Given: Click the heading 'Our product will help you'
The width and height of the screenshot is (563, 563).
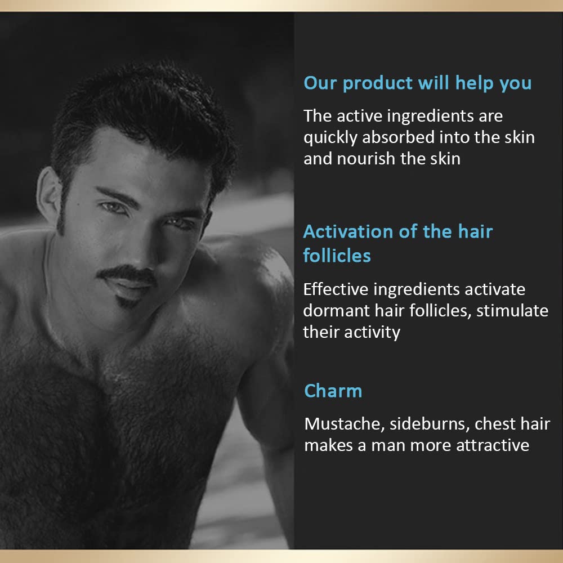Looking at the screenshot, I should tap(417, 83).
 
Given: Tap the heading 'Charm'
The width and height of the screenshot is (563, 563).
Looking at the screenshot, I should tap(333, 391).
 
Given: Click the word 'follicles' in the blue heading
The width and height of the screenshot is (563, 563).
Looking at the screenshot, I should tap(337, 256).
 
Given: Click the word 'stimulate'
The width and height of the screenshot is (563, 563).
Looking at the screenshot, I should tap(512, 310).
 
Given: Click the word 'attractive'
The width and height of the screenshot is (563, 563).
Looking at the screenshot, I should tap(492, 445).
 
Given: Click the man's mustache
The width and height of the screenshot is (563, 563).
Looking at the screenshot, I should tap(127, 274).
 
